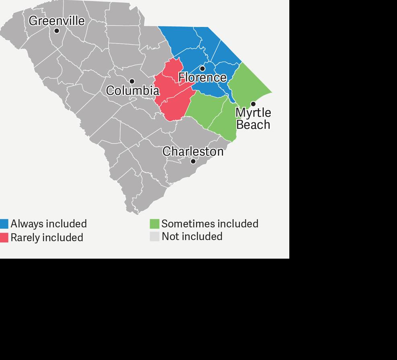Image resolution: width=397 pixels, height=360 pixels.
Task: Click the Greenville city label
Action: [57, 21]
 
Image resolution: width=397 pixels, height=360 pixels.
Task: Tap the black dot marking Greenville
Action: [57, 31]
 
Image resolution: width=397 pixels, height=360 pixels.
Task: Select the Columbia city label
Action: [133, 91]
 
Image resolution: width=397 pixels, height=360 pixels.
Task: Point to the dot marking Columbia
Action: [132, 81]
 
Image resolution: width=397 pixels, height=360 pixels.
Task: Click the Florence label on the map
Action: [203, 77]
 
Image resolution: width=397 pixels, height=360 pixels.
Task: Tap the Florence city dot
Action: [202, 69]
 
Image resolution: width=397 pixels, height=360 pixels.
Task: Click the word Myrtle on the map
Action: [253, 112]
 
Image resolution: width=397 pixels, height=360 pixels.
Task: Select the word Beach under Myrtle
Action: [253, 124]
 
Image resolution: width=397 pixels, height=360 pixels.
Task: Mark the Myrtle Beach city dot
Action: [253, 104]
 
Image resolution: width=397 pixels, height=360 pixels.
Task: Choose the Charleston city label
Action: [193, 151]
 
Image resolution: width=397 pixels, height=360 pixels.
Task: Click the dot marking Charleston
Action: [193, 161]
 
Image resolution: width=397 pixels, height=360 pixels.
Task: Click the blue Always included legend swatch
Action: [4, 224]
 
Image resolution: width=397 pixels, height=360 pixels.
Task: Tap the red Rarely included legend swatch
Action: [4, 237]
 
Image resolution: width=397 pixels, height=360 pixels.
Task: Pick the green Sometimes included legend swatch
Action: [155, 224]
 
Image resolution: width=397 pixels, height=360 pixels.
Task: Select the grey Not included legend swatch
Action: [155, 237]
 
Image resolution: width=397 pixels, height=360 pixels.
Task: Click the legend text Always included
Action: [49, 224]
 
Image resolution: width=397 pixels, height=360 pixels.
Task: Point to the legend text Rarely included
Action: [47, 237]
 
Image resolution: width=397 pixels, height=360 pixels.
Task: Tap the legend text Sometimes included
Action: [210, 224]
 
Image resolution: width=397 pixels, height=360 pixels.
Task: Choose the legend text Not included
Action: [192, 237]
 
